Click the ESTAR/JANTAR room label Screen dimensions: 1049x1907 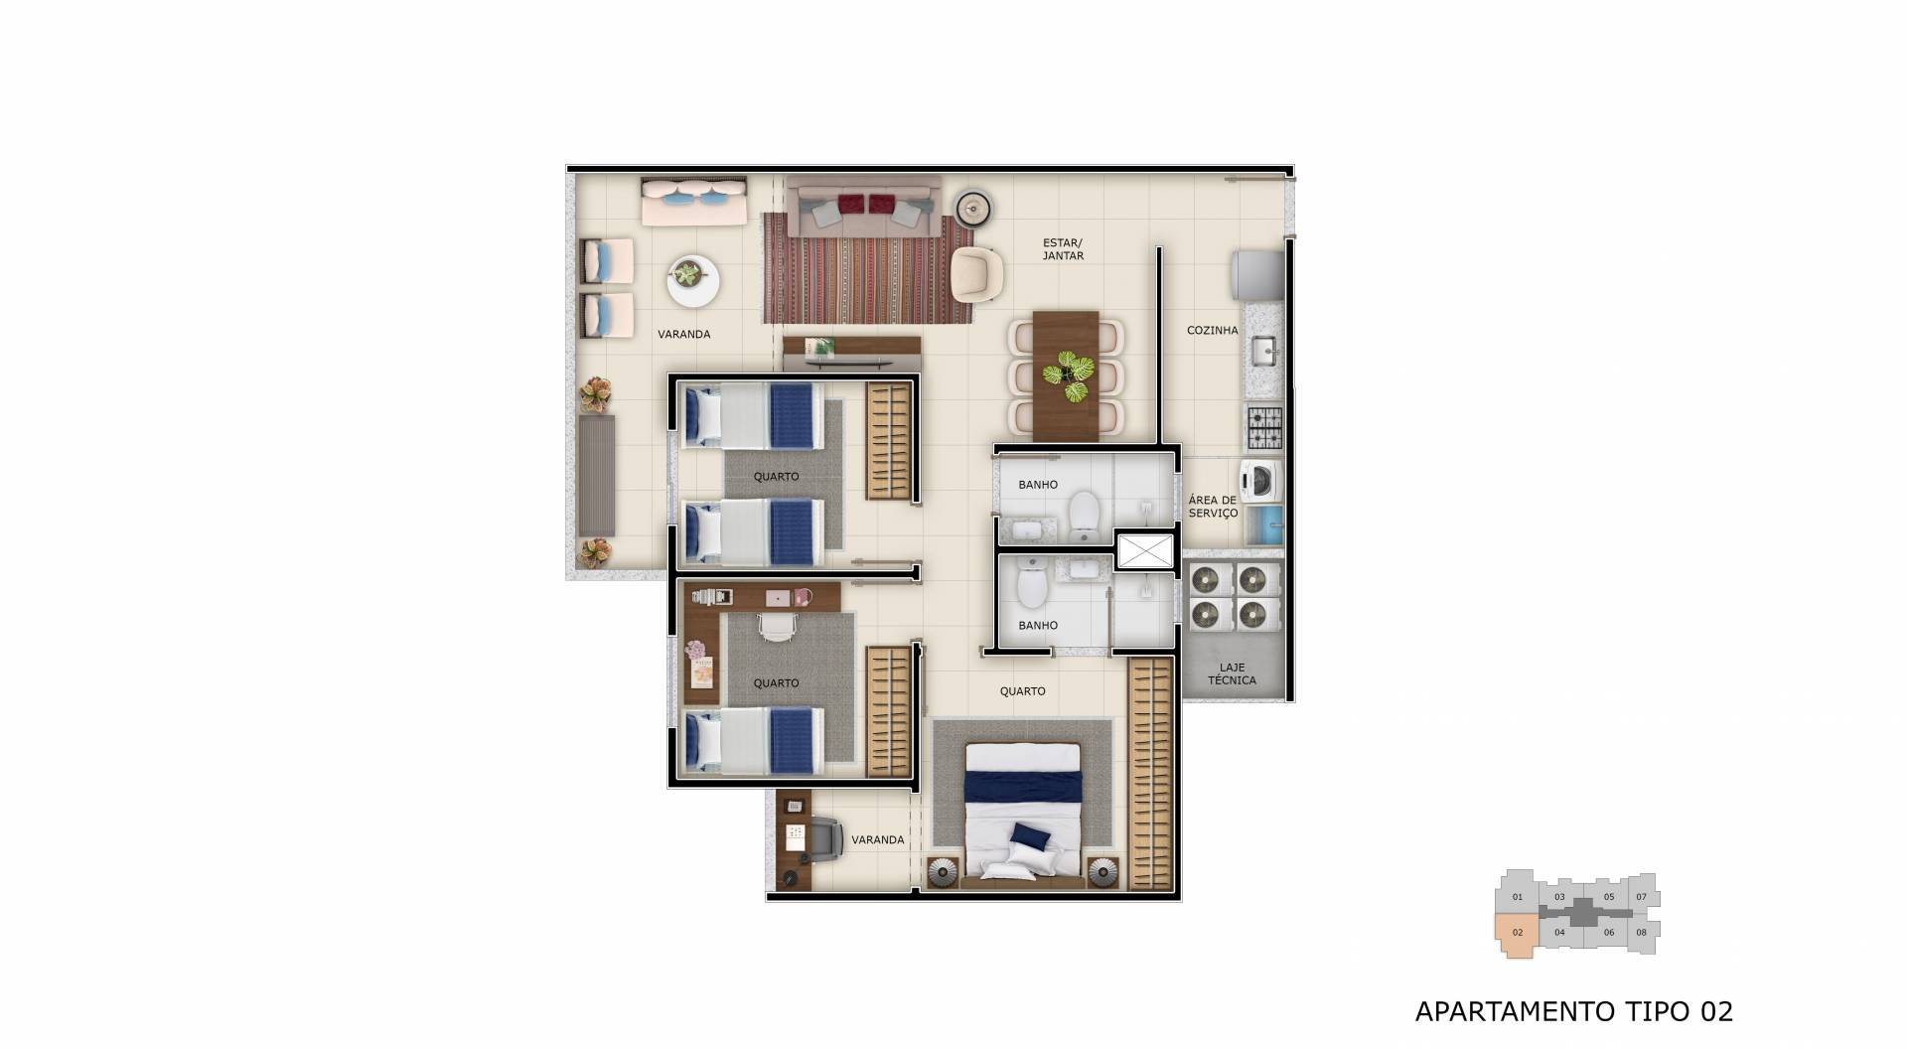1063,249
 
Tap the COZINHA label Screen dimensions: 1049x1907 1212,330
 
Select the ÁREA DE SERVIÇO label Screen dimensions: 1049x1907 1213,507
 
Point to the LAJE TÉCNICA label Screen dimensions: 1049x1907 1232,674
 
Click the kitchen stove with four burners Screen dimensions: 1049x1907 1264,427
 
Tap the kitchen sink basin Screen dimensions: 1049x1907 1263,351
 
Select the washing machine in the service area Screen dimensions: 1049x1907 1259,480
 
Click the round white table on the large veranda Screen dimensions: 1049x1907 692,280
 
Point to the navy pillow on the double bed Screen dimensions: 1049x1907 1031,837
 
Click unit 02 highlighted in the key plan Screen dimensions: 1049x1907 1517,934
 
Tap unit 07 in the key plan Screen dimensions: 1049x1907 1641,897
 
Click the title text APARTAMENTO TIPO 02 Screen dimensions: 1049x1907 1573,1011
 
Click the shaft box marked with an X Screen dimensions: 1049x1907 1144,551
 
